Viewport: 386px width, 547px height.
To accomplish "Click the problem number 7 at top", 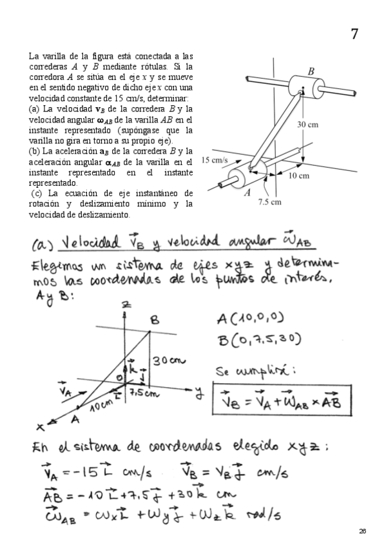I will coord(354,34).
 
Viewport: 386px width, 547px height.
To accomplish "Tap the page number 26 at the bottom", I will coord(363,530).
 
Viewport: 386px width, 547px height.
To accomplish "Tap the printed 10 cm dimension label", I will coord(298,175).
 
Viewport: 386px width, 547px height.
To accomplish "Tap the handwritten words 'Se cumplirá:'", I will coord(243,372).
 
